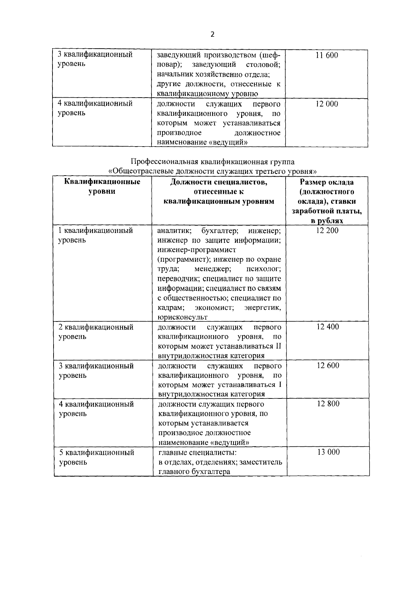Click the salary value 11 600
tap(327, 55)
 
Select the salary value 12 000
tap(327, 104)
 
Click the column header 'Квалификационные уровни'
tap(102, 187)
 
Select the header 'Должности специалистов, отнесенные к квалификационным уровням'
tap(219, 192)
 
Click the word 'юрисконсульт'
tap(182, 317)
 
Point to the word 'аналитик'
tap(174, 231)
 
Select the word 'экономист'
tap(214, 308)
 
